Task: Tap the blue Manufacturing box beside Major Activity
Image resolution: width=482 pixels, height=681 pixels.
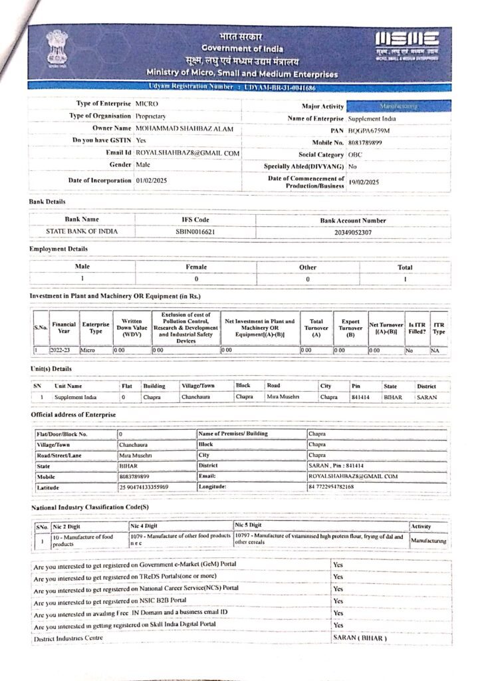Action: click(x=398, y=106)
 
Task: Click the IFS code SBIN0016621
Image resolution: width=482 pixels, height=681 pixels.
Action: click(x=195, y=231)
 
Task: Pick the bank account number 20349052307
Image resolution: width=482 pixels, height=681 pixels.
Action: click(x=352, y=232)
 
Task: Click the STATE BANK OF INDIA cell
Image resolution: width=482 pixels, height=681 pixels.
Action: click(x=82, y=231)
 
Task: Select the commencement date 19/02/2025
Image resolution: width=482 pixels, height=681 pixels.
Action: click(x=364, y=182)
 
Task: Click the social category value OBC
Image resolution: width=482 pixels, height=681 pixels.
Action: click(x=355, y=154)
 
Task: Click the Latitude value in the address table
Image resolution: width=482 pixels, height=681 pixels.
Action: click(x=144, y=487)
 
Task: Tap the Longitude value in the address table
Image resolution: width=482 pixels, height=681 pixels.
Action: click(x=340, y=487)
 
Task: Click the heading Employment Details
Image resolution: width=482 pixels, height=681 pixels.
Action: click(x=59, y=249)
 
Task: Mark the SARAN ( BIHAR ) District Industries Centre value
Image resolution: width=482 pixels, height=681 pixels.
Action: click(x=359, y=638)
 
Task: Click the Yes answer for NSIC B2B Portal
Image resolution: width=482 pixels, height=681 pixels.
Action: click(x=338, y=601)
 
